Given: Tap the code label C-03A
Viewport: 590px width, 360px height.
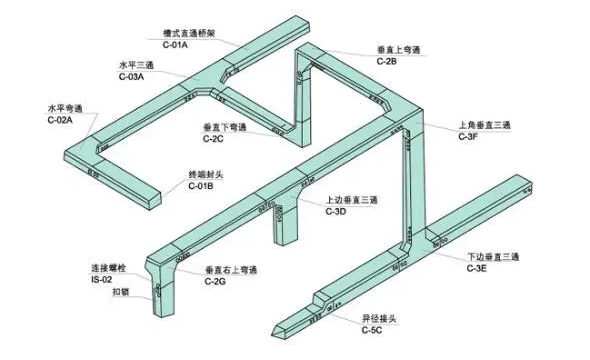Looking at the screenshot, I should [132, 75].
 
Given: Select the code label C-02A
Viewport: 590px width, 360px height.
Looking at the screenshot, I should [60, 119].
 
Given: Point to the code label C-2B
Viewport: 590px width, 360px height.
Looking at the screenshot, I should [387, 61].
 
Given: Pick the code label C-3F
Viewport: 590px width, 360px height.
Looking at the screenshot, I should [468, 136].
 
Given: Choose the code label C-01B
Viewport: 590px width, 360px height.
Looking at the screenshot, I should [202, 186].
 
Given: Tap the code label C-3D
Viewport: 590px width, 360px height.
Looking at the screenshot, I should [336, 211].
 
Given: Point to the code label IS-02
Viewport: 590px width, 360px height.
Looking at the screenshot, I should [103, 281].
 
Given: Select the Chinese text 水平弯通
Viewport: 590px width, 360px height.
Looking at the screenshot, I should [64, 108].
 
